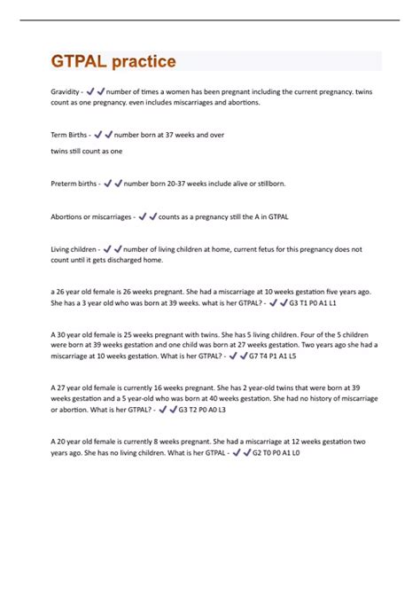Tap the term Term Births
69,135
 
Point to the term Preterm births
74,184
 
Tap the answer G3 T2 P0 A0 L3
202,411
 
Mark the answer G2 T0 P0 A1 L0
276,452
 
